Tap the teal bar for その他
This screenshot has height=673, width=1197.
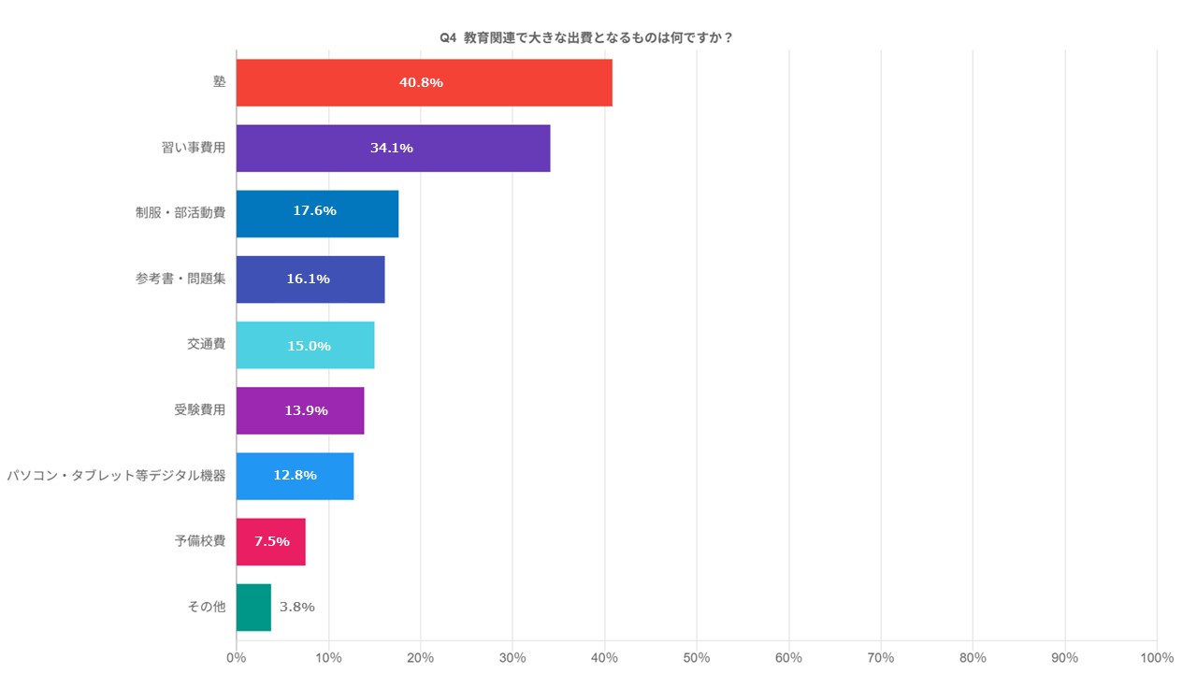click(253, 607)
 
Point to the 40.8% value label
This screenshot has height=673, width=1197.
click(421, 82)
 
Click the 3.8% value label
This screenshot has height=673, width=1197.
click(297, 607)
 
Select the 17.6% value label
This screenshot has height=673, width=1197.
click(314, 211)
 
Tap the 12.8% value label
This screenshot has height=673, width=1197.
click(295, 475)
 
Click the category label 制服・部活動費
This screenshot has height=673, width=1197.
click(180, 212)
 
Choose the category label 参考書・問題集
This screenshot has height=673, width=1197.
click(180, 278)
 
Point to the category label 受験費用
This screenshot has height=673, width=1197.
click(199, 409)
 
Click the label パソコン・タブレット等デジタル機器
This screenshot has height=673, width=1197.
click(116, 475)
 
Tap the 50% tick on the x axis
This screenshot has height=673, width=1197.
click(697, 657)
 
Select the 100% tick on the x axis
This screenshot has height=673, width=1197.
click(1157, 657)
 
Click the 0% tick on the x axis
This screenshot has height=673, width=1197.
click(237, 657)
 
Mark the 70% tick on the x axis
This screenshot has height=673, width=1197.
click(881, 657)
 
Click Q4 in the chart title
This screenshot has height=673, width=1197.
click(447, 37)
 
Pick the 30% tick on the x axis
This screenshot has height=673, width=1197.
click(512, 657)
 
